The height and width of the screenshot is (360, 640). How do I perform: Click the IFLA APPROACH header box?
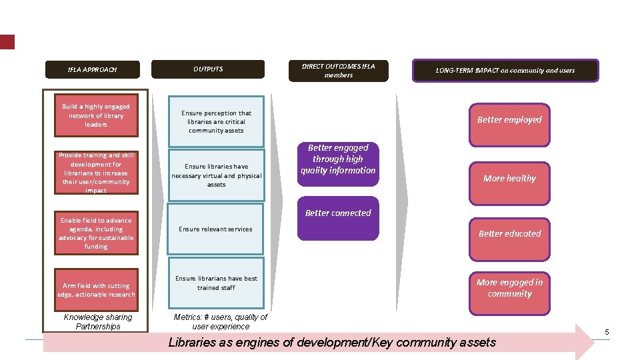[x=93, y=69]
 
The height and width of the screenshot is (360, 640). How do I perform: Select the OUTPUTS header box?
[x=208, y=69]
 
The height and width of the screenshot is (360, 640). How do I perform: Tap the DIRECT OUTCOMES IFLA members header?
[x=339, y=71]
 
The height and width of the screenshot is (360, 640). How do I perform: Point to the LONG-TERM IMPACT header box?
[x=505, y=71]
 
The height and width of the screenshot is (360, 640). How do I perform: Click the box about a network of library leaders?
[x=96, y=115]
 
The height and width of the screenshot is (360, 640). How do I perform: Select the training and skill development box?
[x=96, y=173]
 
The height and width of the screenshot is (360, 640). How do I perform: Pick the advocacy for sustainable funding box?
[x=96, y=233]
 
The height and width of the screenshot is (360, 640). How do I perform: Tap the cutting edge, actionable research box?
[x=96, y=290]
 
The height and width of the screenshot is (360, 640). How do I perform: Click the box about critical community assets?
[x=216, y=121]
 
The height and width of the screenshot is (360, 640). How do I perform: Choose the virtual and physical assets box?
[x=216, y=175]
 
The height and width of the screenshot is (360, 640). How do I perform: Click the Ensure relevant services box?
[x=215, y=229]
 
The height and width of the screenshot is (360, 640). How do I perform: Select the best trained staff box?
[x=216, y=283]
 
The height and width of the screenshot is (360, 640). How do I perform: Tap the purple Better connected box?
[x=338, y=219]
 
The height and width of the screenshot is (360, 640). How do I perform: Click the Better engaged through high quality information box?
[x=338, y=164]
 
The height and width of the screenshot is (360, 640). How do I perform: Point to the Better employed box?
[x=509, y=125]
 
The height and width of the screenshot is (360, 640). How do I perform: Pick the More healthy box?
[x=509, y=184]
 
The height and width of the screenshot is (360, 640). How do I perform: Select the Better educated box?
[x=509, y=239]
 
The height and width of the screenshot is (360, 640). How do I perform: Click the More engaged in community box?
[x=509, y=293]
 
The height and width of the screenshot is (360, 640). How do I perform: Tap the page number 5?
[x=607, y=332]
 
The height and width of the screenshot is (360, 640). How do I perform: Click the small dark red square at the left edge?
[x=7, y=42]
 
